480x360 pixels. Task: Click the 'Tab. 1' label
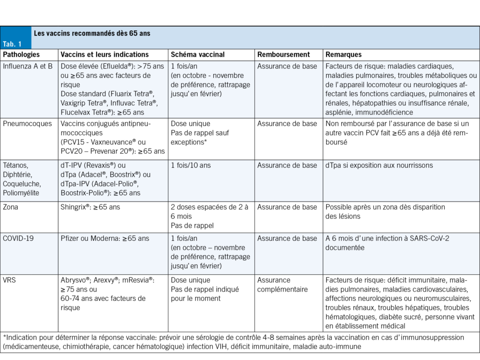[x=12, y=44]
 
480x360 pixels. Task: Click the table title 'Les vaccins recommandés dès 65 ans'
[x=92, y=34]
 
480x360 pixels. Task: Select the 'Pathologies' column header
[x=22, y=55]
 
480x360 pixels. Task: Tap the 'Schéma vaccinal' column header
[x=197, y=55]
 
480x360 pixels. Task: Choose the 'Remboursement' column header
[x=284, y=55]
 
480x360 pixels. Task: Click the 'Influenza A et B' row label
[x=29, y=67]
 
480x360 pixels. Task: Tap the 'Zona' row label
[x=11, y=207]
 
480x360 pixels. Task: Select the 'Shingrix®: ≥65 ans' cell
[x=90, y=207]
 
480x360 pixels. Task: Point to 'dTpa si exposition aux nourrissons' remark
[x=379, y=165]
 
